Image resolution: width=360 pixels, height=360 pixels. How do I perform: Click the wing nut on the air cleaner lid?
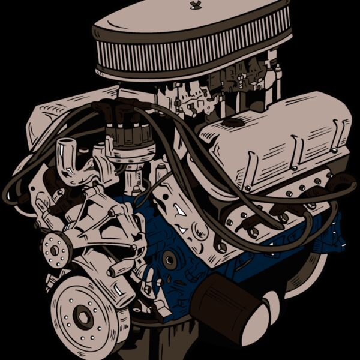(194, 5)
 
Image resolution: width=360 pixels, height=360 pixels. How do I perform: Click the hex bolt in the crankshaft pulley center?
(83, 316)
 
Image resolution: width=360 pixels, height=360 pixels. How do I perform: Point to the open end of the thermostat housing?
(66, 148)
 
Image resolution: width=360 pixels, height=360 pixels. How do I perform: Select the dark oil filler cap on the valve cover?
(232, 122)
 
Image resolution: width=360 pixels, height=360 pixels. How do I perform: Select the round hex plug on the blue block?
(170, 260)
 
